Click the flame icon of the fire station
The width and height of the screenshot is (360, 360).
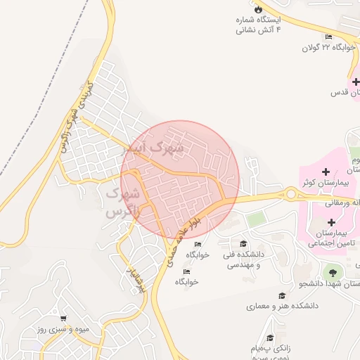pos(259,9)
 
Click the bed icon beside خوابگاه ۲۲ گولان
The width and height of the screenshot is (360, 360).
pos(329,37)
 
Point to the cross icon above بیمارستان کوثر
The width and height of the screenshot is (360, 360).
pos(325,172)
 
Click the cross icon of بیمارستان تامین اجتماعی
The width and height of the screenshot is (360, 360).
pos(330,222)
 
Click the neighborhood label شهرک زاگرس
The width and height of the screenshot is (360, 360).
pos(122,200)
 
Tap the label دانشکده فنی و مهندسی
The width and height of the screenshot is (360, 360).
pos(241,261)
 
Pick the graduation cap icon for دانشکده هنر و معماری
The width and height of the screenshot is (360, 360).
pos(282,296)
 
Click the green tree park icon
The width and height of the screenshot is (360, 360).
pos(330,272)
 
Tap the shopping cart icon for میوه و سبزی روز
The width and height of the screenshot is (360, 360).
pos(63,319)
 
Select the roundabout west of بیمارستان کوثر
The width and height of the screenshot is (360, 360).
pos(290,194)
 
